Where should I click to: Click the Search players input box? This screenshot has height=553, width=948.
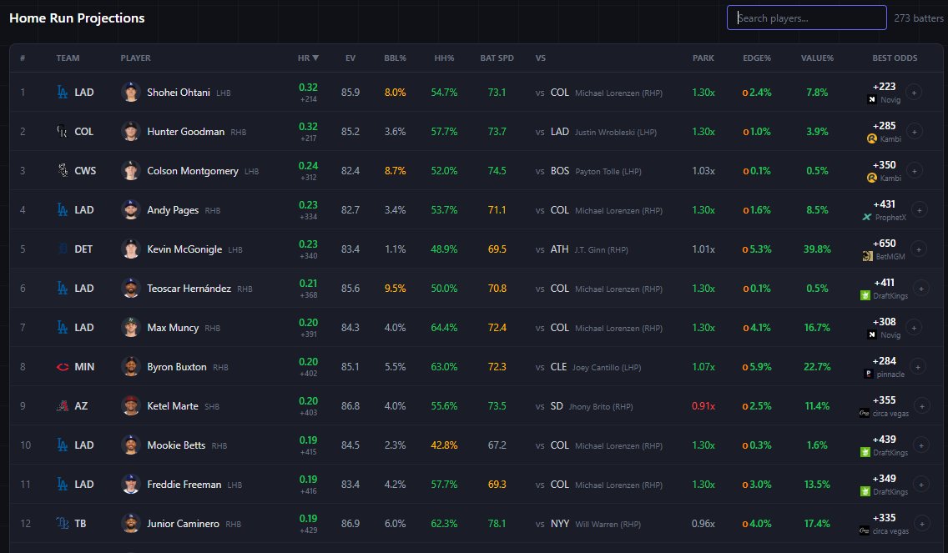pyautogui.click(x=806, y=18)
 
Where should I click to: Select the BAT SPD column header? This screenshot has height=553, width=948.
pyautogui.click(x=497, y=58)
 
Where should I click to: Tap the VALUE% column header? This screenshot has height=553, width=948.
pyautogui.click(x=817, y=58)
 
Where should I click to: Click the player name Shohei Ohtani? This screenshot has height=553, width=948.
pyautogui.click(x=179, y=93)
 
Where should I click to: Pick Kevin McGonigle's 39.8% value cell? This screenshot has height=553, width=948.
pyautogui.click(x=817, y=249)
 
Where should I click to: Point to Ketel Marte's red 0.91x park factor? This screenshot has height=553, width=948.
pyautogui.click(x=703, y=406)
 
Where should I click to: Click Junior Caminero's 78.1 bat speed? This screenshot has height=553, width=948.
pyautogui.click(x=497, y=523)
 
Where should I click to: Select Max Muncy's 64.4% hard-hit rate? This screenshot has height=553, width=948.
pyautogui.click(x=444, y=328)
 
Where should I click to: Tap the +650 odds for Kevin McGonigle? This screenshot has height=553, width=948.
pyautogui.click(x=884, y=244)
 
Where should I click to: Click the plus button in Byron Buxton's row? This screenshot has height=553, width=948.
pyautogui.click(x=918, y=367)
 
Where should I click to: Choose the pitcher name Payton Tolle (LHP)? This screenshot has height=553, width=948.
pyautogui.click(x=608, y=172)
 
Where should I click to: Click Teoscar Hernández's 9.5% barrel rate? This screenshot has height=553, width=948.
pyautogui.click(x=395, y=289)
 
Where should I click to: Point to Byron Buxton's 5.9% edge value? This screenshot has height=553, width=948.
pyautogui.click(x=760, y=367)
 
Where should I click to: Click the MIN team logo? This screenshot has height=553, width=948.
pyautogui.click(x=63, y=367)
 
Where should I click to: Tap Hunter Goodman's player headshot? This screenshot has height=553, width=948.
pyautogui.click(x=130, y=131)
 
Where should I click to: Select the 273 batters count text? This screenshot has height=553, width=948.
pyautogui.click(x=918, y=18)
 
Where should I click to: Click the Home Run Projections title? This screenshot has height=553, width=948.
pyautogui.click(x=77, y=18)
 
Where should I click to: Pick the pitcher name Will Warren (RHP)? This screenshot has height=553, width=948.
pyautogui.click(x=608, y=525)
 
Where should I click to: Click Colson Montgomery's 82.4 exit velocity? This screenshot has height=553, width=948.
pyautogui.click(x=350, y=171)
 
